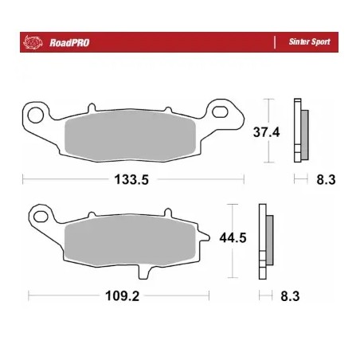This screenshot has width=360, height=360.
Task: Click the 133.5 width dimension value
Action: [133, 180]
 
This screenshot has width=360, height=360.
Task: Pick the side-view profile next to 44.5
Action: [264, 238]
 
